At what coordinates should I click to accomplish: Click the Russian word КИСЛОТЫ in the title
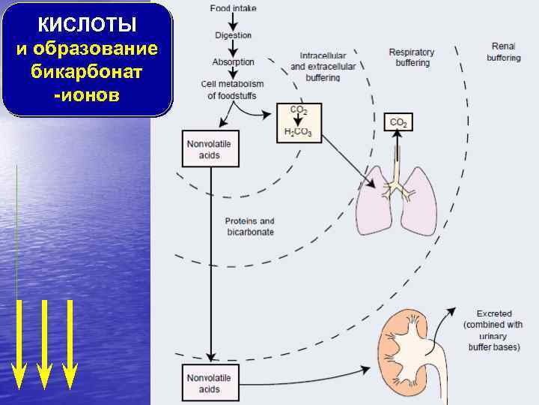click(87, 25)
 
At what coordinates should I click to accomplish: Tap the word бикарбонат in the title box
click(87, 73)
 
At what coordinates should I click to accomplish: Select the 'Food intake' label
click(233, 8)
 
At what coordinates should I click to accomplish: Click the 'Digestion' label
click(233, 35)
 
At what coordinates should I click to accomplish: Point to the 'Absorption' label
click(233, 62)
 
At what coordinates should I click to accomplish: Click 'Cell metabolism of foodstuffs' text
click(232, 91)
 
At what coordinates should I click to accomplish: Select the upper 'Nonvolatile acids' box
click(210, 148)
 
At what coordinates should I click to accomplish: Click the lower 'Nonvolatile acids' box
click(210, 383)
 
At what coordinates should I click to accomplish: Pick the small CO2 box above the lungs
click(398, 122)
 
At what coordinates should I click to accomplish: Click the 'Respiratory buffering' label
click(412, 58)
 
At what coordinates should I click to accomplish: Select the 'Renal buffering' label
click(504, 52)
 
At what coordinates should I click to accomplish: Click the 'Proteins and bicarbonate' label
click(250, 226)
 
